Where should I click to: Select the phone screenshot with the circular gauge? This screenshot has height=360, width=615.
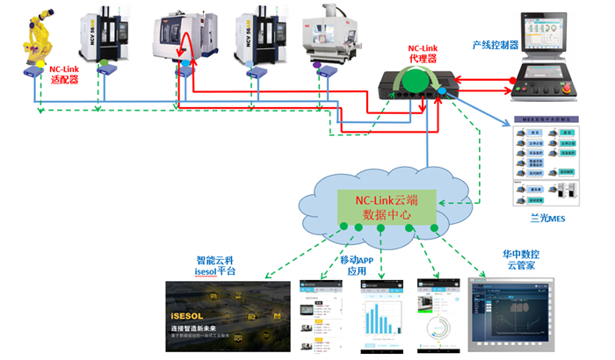(x=438, y=320)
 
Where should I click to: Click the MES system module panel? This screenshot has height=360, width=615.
(x=546, y=162)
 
